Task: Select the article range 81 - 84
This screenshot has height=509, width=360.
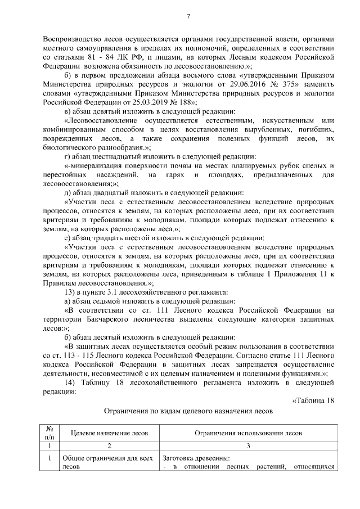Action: point(79,57)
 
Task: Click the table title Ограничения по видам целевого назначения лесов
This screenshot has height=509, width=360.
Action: point(188,411)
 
